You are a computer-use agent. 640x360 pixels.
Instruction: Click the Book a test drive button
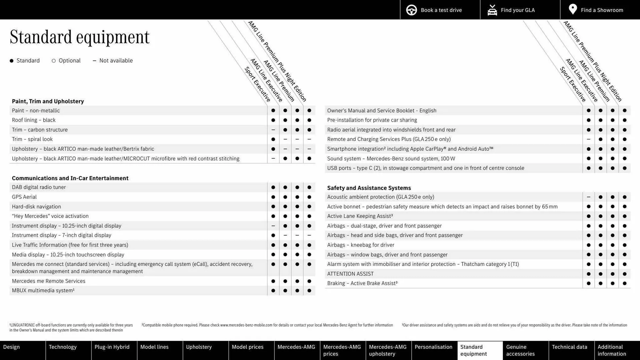point(440,10)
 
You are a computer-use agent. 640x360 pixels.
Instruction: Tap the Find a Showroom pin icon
point(573,9)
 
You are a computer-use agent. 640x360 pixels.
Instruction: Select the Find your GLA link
point(517,10)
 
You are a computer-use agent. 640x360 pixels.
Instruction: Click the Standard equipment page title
point(80,37)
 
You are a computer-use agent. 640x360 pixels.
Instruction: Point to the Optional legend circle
point(54,61)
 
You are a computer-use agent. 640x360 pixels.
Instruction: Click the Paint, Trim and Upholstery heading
point(48,101)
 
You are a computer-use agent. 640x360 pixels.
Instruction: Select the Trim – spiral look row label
point(32,139)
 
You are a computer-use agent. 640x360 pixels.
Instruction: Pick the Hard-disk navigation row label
point(36,207)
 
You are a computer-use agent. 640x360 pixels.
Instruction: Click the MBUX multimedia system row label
point(43,291)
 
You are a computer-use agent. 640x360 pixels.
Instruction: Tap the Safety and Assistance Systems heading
point(369,188)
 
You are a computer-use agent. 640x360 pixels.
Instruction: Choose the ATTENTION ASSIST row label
point(350,274)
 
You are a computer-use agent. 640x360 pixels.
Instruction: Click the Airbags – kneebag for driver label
point(361,245)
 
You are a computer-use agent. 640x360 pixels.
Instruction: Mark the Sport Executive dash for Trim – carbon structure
point(273,130)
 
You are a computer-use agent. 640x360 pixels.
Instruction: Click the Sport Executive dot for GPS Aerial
point(273,197)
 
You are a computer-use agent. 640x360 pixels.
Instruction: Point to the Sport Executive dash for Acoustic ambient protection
point(589,197)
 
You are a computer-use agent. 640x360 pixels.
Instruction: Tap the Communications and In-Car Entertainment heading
point(70,178)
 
